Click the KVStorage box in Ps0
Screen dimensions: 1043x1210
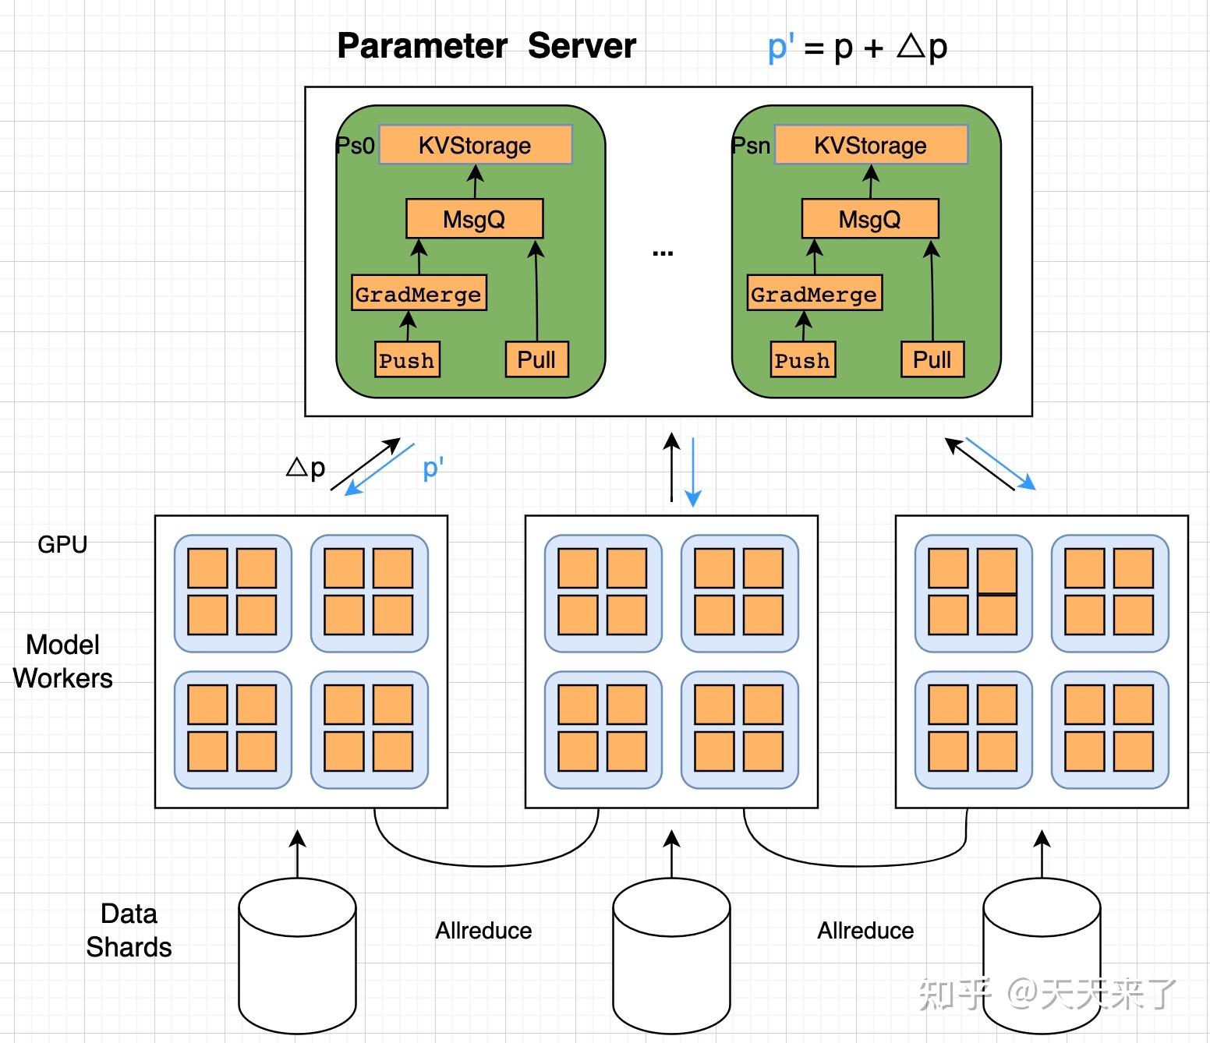point(475,145)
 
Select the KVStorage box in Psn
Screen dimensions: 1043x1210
point(870,145)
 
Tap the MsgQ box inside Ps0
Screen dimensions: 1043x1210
point(474,219)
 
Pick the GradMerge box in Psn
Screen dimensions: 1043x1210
point(814,294)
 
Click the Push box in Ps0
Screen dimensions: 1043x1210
point(406,360)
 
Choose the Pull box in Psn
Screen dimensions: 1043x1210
point(932,359)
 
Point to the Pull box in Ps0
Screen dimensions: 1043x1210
point(536,359)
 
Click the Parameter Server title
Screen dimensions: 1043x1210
point(486,46)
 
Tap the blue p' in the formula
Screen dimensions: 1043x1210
point(780,47)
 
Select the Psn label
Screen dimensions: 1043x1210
point(751,146)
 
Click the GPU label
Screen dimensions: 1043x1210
point(62,544)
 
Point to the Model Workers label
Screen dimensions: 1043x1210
point(62,661)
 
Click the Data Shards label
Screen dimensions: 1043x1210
point(129,930)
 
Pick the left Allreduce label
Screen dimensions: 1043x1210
point(483,931)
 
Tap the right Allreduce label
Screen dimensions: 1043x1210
point(865,931)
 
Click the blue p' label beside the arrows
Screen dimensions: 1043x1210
point(433,468)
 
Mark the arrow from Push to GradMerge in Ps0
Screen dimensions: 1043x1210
point(408,326)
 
